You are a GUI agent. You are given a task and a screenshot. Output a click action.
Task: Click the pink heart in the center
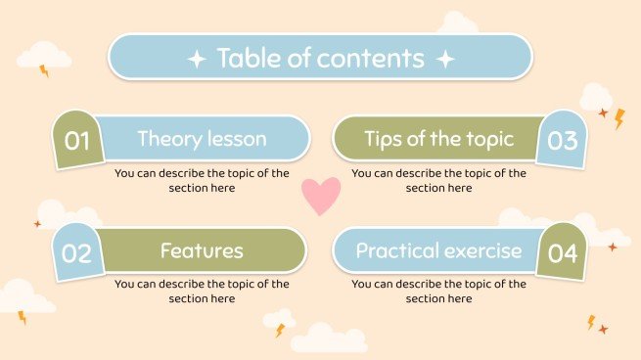pos(320,196)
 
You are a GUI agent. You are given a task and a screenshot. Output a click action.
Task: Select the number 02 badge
pos(76,253)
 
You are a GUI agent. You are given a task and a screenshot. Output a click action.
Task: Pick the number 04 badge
pos(562,253)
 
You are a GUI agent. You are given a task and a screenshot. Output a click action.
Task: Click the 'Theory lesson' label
pos(202,139)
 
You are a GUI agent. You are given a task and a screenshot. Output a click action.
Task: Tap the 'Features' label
pos(202,250)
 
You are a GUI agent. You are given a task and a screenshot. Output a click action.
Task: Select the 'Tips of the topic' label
pos(438,139)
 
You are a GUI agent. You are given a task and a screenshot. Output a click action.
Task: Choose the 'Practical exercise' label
pos(438,250)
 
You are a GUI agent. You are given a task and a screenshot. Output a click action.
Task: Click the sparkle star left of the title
pos(196,59)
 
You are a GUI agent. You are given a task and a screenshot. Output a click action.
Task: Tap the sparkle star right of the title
pos(445,59)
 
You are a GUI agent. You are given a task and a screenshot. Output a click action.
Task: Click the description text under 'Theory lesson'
pos(202,180)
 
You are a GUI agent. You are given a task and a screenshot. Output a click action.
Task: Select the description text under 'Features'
pos(202,292)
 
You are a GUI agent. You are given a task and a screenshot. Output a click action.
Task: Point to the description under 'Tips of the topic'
pos(438,180)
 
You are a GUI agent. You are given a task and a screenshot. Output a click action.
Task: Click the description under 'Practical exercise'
pos(438,292)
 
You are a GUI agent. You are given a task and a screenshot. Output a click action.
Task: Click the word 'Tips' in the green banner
pos(384,139)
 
